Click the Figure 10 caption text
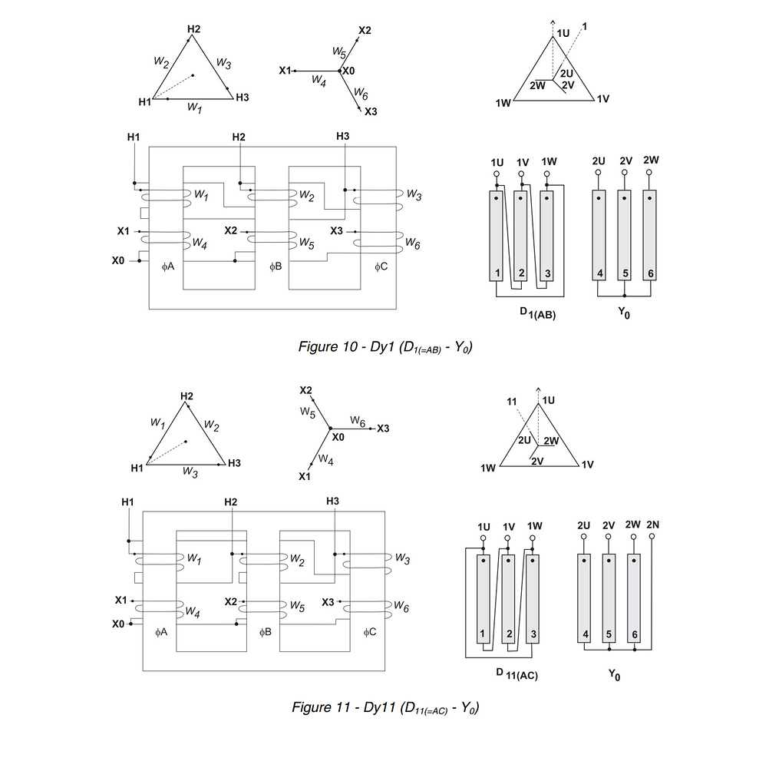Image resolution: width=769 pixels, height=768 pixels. click(384, 347)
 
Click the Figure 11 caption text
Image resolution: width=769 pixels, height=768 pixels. click(384, 707)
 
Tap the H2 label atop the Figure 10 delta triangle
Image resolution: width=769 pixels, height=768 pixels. click(193, 29)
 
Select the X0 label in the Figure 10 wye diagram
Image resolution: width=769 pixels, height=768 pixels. click(348, 71)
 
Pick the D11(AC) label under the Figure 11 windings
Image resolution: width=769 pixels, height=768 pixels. click(516, 674)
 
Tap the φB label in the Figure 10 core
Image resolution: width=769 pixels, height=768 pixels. click(276, 266)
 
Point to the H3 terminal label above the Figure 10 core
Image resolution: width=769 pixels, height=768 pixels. click(343, 136)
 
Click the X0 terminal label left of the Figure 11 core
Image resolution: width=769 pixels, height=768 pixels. click(117, 624)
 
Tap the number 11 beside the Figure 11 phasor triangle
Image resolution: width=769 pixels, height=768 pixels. click(512, 402)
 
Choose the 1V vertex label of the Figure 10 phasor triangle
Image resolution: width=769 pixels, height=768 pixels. click(602, 100)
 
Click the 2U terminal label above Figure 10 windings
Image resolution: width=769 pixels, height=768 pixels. click(599, 161)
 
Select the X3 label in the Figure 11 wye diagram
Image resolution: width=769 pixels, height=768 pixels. click(384, 428)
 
